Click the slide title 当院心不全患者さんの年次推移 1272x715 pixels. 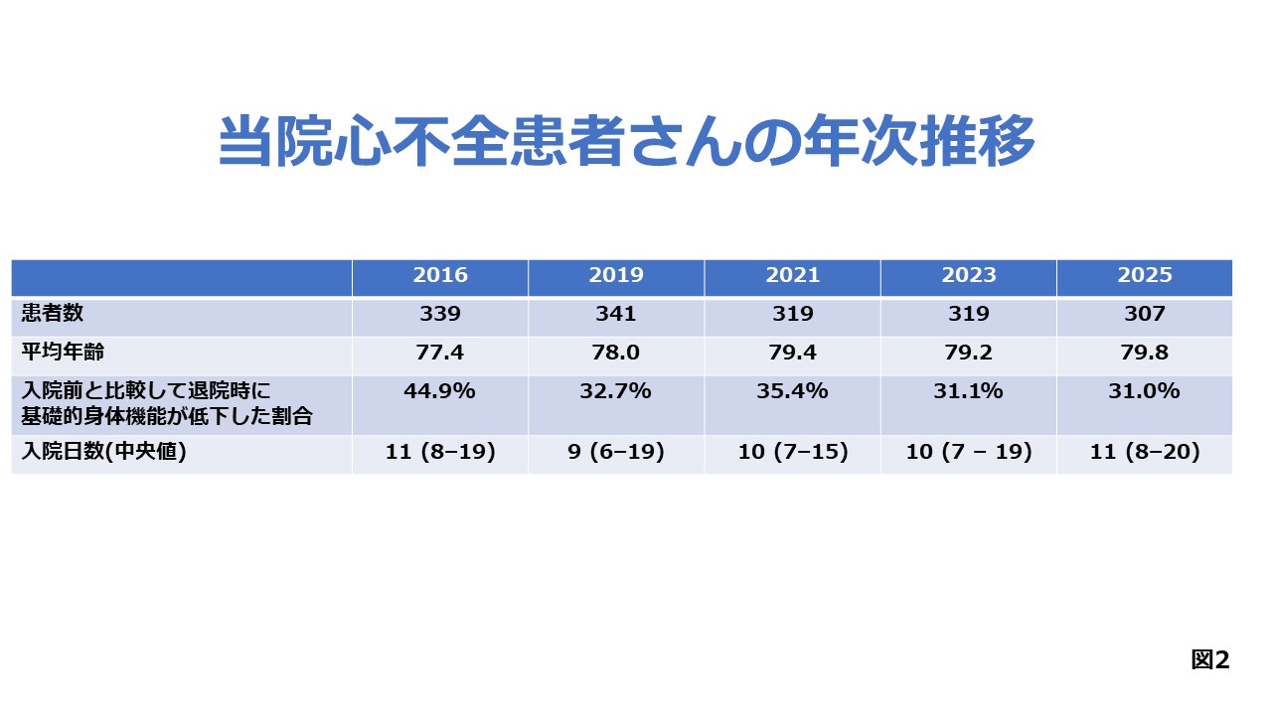click(x=626, y=140)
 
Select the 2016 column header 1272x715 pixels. click(x=440, y=275)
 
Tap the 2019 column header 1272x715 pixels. click(x=616, y=275)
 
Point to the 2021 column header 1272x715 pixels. click(x=793, y=275)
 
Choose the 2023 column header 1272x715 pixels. click(x=969, y=275)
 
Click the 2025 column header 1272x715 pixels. click(x=1145, y=275)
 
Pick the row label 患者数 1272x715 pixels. click(x=53, y=313)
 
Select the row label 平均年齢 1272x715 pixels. click(x=63, y=352)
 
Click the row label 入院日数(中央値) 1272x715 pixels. click(x=103, y=452)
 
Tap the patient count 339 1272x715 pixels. click(x=440, y=314)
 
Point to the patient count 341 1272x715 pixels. click(x=616, y=314)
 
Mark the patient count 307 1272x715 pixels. click(x=1145, y=314)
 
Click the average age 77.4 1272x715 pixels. click(x=440, y=353)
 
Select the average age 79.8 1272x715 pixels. click(x=1145, y=353)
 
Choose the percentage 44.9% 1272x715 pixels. click(x=440, y=391)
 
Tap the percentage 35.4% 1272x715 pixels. click(x=793, y=391)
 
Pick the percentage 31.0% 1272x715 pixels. click(x=1145, y=391)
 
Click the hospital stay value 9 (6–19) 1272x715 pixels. click(x=616, y=452)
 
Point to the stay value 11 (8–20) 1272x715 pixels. click(x=1145, y=452)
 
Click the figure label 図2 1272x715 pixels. click(x=1210, y=660)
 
